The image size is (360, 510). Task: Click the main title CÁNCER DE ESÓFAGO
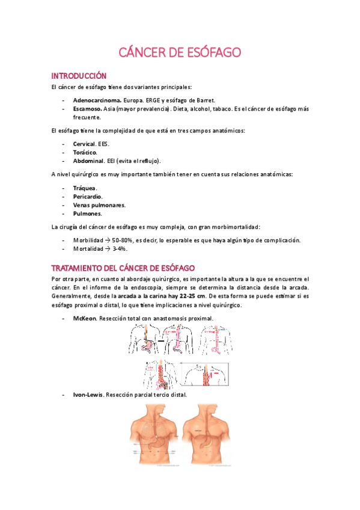point(180,53)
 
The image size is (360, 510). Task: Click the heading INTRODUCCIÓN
point(79,76)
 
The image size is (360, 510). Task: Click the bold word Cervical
point(84,144)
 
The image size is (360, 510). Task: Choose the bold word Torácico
point(85,152)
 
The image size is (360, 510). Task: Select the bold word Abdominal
point(87,161)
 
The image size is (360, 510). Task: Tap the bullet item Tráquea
point(84,188)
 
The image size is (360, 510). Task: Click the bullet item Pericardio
point(88,197)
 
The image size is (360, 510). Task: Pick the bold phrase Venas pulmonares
point(99,205)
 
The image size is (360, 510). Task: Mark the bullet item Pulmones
point(87,214)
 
